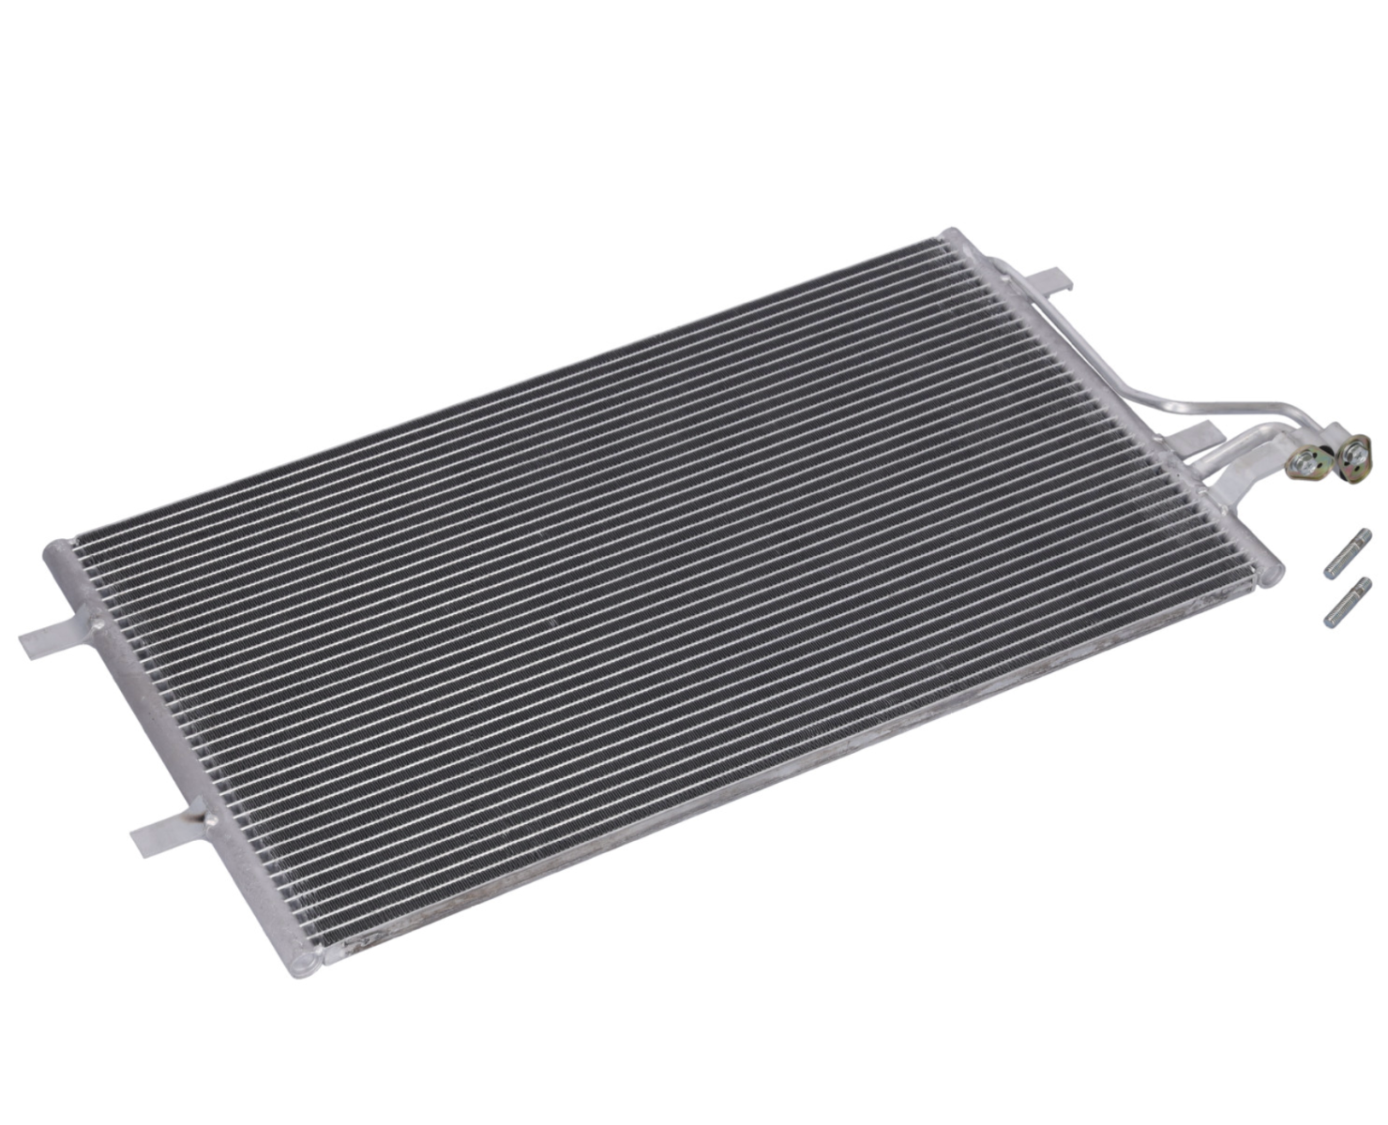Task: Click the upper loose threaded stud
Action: [1347, 554]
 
